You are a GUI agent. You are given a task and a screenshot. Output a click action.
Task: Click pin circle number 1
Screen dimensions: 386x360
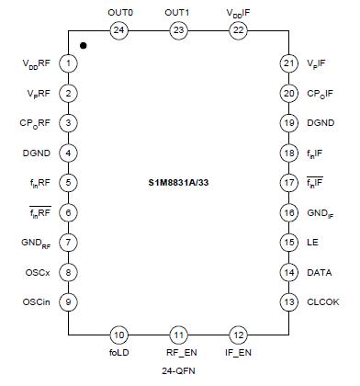click(69, 63)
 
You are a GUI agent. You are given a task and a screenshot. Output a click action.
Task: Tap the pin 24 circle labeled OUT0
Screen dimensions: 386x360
click(118, 30)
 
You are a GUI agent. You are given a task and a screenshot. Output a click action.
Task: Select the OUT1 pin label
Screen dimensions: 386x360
click(176, 13)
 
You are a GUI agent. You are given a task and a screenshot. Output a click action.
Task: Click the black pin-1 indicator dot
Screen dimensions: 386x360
click(84, 44)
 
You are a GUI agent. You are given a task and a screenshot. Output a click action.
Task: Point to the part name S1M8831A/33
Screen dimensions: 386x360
click(178, 183)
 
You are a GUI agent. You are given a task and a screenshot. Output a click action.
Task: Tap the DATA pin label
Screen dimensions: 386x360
click(319, 272)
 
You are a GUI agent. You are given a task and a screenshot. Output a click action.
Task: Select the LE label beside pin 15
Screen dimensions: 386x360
click(311, 243)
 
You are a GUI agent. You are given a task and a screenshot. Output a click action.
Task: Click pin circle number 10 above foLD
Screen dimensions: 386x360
click(118, 335)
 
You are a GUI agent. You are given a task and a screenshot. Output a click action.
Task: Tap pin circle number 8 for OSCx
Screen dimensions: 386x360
click(69, 272)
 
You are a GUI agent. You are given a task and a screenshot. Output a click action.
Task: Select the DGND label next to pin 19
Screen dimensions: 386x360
click(321, 123)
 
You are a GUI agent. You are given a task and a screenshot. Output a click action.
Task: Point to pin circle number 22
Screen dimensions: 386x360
click(238, 30)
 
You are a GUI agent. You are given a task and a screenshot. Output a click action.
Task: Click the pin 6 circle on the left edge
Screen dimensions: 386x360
click(69, 212)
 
